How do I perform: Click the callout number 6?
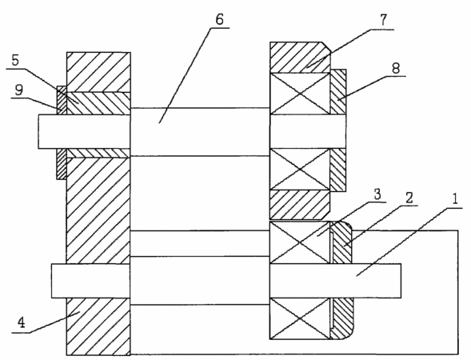coord(220,19)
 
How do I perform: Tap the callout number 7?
coord(383,21)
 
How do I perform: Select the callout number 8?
coord(396,68)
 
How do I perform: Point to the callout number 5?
coord(15,61)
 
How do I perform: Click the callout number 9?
coord(18,90)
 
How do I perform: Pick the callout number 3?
coord(377,194)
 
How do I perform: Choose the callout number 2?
coord(409,198)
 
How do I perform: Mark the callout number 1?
coord(455,199)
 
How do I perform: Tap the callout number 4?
coord(22,322)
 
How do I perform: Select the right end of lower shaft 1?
coord(401,281)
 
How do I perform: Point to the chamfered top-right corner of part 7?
coord(326,46)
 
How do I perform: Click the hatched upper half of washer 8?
coord(338,92)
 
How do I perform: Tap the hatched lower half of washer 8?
coord(338,170)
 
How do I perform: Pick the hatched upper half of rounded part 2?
coord(341,243)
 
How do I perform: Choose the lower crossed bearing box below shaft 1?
coord(300,318)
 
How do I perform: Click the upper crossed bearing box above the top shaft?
coord(300,94)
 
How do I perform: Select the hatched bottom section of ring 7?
coord(300,204)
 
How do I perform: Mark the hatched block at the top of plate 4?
coord(98,72)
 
